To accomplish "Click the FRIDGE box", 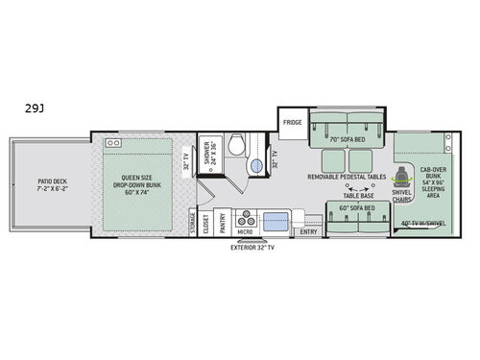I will (293, 122).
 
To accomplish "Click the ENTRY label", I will (307, 230).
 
